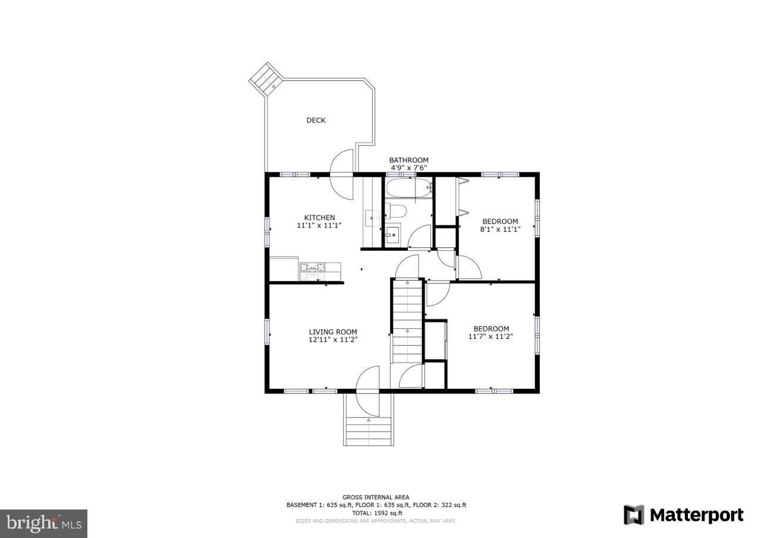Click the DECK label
coord(316,120)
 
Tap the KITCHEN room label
coord(319,218)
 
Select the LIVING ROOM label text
coord(332,332)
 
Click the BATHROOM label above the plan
coord(408,160)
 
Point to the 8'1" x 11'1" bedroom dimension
coord(499,229)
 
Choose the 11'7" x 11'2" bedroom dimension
coord(491,336)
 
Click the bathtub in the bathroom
coord(407,189)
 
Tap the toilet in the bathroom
coord(396,210)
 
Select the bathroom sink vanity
coord(392,234)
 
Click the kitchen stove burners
coord(312,271)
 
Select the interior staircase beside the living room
coord(407,321)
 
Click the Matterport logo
coord(684,514)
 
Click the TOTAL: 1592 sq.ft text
coord(376,512)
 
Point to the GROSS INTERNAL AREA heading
coord(376,497)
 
